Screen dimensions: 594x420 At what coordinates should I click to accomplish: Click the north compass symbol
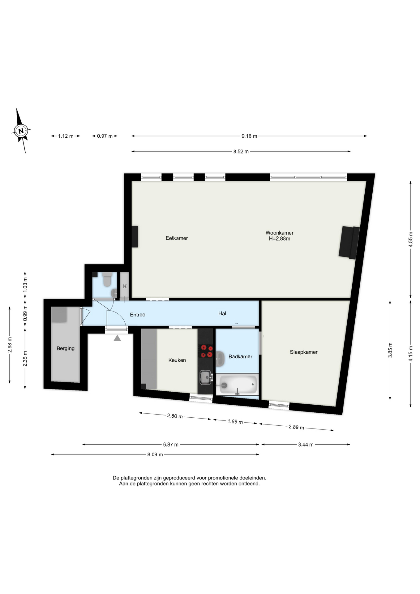21,131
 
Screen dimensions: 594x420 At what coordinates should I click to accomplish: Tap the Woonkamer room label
279,233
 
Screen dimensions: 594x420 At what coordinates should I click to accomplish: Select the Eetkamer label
177,238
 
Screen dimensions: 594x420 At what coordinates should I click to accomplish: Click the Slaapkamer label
303,352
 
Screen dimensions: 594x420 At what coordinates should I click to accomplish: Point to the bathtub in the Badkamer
238,385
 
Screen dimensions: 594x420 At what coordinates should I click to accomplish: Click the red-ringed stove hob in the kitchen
205,351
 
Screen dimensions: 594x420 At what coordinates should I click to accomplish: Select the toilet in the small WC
107,280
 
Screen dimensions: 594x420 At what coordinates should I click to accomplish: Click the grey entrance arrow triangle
117,338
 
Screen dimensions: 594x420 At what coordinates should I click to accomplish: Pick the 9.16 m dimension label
249,136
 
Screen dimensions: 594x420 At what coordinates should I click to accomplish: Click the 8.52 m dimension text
241,152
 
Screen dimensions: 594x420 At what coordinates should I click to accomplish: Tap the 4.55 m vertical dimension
410,239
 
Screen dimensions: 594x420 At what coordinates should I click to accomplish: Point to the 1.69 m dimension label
235,421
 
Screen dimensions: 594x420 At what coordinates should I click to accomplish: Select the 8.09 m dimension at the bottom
155,454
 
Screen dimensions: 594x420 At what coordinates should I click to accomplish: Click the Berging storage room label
66,348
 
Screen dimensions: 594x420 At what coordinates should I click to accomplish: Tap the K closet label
125,286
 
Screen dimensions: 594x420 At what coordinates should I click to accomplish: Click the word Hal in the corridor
222,313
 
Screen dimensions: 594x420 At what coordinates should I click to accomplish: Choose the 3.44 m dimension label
306,445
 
